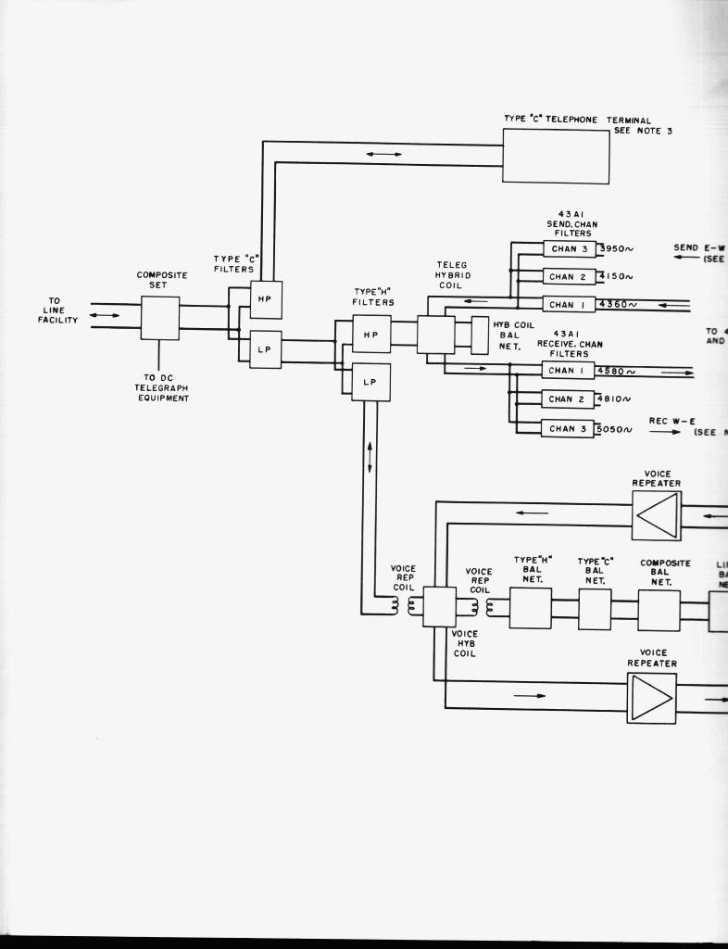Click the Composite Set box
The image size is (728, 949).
(160, 318)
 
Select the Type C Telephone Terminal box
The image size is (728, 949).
(556, 156)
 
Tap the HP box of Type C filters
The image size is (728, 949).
(266, 299)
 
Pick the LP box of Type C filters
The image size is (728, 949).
(266, 349)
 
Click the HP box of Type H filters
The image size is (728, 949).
(371, 334)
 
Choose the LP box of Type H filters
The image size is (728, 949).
(371, 382)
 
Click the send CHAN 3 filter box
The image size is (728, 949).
(569, 248)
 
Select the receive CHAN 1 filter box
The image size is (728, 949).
(568, 371)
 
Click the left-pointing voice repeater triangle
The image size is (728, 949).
(658, 515)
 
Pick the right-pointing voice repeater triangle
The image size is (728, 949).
(652, 698)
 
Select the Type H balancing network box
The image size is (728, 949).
(531, 608)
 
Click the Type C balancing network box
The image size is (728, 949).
(595, 608)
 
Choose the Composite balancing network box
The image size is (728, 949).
(659, 608)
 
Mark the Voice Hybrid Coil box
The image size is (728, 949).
(439, 606)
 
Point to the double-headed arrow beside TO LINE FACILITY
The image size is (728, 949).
(104, 316)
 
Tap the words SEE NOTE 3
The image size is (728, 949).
(643, 131)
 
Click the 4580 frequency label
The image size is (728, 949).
(616, 371)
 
